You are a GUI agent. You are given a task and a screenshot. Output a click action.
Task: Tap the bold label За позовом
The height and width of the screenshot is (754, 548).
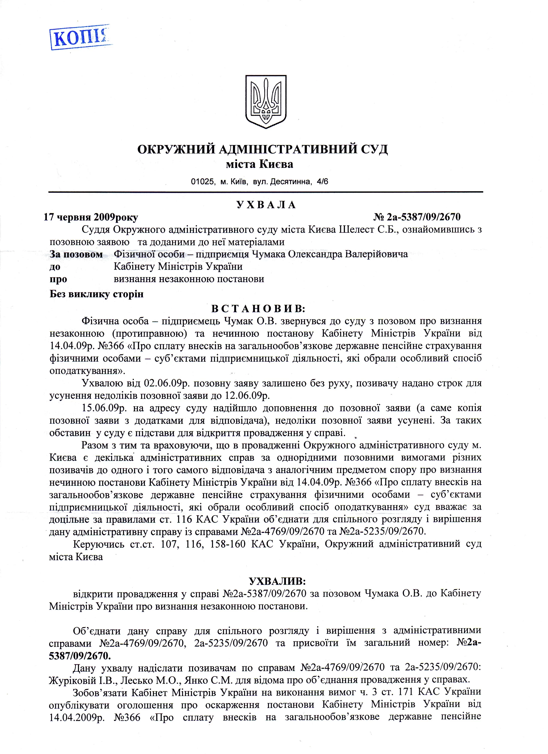(x=76, y=254)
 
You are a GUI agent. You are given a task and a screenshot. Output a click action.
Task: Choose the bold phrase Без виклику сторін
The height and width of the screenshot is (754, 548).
(x=96, y=294)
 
